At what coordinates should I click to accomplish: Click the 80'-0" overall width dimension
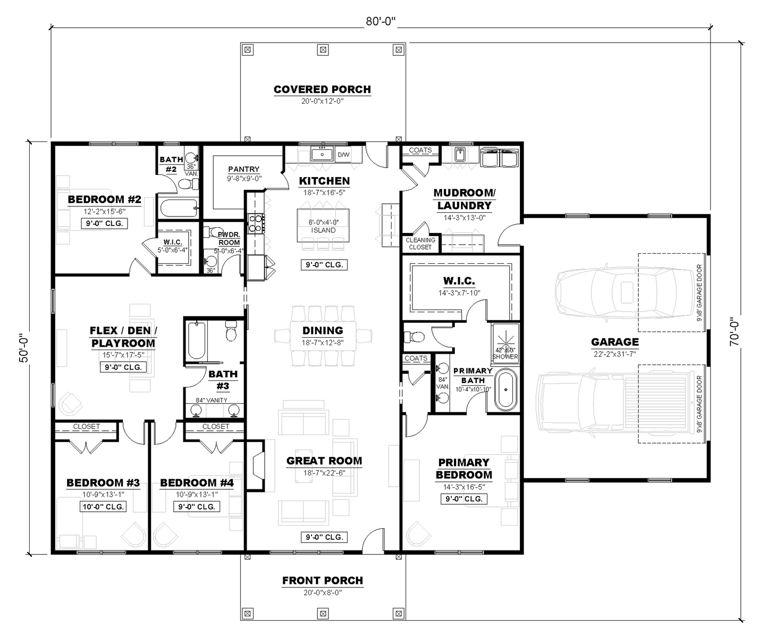point(381,21)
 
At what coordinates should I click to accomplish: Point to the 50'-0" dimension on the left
point(23,348)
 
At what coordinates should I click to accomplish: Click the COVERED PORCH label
point(322,89)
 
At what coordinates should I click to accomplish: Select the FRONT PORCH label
point(322,580)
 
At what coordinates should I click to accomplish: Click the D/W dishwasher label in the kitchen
point(343,155)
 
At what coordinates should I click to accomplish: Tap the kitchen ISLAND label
point(323,230)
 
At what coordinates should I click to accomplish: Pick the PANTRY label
point(244,169)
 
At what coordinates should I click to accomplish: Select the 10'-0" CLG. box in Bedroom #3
point(104,507)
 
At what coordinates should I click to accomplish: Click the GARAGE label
point(615,342)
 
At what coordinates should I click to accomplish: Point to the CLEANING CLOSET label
point(420,243)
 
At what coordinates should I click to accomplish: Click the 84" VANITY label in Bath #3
point(212,400)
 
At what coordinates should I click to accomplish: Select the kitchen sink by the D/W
point(322,154)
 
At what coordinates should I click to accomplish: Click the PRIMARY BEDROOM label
point(463,469)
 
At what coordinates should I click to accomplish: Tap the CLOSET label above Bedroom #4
point(215,426)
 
